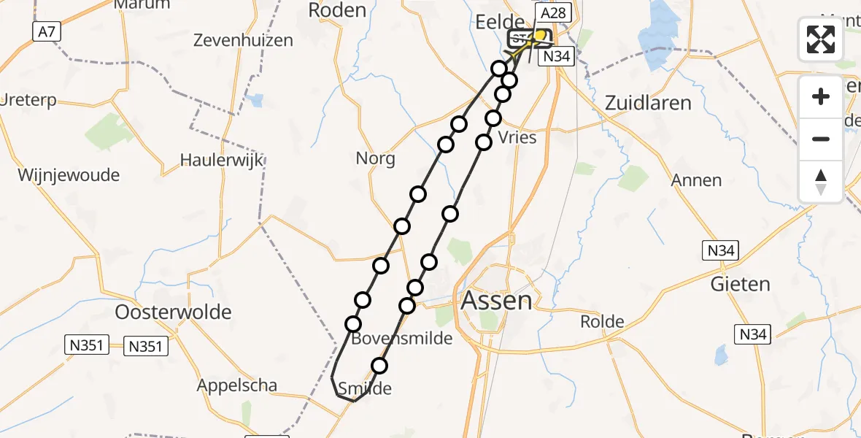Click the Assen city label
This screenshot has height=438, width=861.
coord(496,299)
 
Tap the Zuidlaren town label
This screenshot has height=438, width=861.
coord(648,103)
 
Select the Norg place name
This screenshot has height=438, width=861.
coord(375,158)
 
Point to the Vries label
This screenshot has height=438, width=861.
coord(517,138)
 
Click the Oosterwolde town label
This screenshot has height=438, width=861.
coord(174,312)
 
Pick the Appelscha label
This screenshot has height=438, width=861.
coord(236,385)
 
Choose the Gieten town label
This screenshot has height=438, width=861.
coord(741,284)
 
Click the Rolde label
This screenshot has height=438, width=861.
coord(602,321)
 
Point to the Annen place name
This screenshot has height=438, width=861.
coord(697,180)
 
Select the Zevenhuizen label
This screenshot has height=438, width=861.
coord(243,41)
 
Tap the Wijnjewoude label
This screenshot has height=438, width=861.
coord(69,176)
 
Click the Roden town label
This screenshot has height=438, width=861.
coord(337,10)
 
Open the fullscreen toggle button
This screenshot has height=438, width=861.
coord(821,39)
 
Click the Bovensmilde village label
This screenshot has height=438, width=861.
coord(401,339)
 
